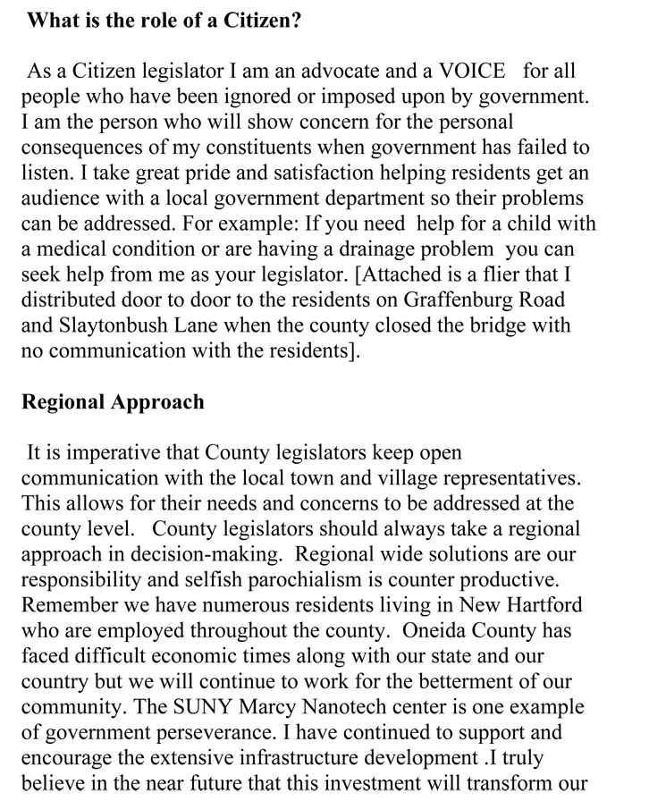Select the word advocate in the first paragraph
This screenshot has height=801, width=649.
(336, 71)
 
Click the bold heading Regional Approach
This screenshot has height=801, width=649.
(113, 401)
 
